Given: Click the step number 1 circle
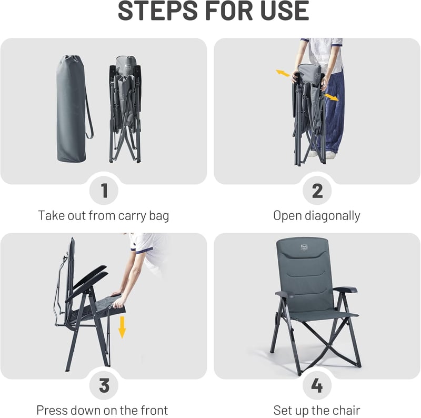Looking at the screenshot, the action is click(104, 191).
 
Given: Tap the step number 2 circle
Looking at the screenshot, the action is click(317, 191).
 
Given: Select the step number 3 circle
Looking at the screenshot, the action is click(104, 385).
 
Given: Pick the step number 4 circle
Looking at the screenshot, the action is click(317, 385).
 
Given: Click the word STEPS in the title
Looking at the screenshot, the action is click(158, 11).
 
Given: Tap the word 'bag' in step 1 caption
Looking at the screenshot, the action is click(159, 216).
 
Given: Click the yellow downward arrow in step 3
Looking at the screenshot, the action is click(122, 327).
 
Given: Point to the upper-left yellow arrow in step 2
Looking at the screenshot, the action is click(283, 73).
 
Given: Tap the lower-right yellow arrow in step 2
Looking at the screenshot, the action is click(332, 97).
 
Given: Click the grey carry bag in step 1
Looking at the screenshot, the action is click(71, 109).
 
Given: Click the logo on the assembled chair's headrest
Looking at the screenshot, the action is click(304, 247).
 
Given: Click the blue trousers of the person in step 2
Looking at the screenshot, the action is click(334, 110).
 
